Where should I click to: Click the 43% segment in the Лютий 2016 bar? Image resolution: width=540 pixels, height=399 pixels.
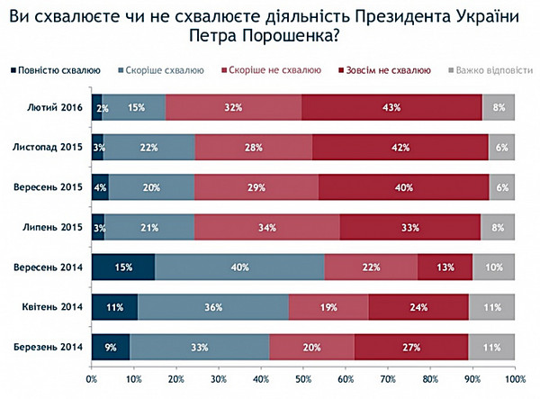click(391, 108)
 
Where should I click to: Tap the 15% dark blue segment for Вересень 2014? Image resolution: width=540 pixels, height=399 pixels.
click(122, 268)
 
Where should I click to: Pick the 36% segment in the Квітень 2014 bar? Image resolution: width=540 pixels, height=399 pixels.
click(213, 308)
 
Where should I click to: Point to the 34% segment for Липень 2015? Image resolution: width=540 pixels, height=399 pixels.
click(267, 228)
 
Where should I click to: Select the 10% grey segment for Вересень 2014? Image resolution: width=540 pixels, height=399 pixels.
click(493, 268)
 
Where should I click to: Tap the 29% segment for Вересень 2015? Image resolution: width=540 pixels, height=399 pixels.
click(256, 188)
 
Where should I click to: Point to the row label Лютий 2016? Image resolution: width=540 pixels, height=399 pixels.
click(57, 107)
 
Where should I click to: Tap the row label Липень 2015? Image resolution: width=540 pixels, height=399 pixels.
click(55, 228)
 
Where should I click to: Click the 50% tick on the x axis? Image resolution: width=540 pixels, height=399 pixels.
click(302, 380)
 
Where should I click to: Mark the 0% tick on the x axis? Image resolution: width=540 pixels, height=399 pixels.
click(91, 380)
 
